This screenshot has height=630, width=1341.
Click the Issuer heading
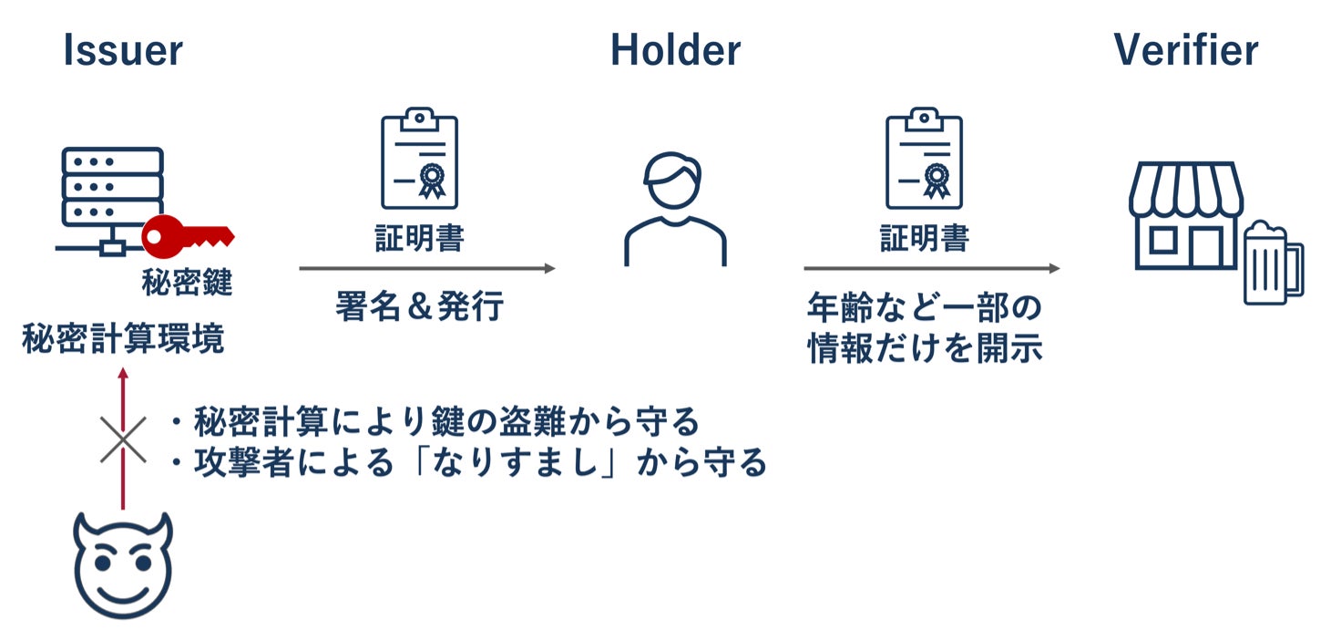(123, 51)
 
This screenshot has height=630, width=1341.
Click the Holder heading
(675, 51)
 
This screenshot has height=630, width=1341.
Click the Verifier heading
(1185, 51)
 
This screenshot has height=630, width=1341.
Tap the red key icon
(188, 236)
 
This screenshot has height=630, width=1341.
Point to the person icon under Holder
(674, 209)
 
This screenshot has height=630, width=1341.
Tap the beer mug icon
(1274, 263)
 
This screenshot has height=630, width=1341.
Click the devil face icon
(123, 565)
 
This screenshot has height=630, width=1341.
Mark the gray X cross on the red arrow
(123, 439)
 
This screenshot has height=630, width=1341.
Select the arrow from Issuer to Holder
(426, 268)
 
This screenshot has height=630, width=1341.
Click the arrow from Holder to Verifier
(931, 268)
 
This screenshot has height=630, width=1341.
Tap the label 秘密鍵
(187, 283)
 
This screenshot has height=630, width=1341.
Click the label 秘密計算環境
(123, 341)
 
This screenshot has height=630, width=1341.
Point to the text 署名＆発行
(419, 307)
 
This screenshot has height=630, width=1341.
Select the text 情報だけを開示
(925, 349)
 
